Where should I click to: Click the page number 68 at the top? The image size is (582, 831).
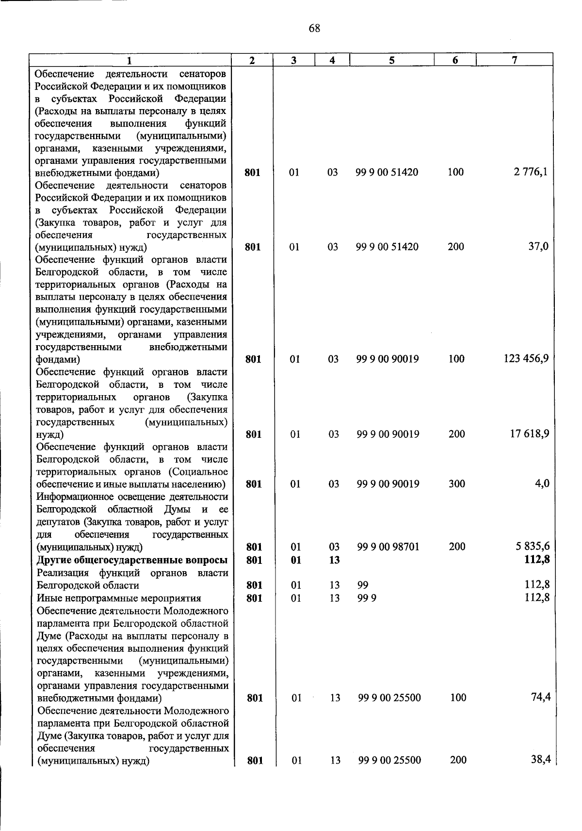click(x=314, y=29)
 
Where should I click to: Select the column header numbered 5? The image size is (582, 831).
click(x=391, y=60)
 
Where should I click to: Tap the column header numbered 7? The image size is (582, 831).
click(x=514, y=60)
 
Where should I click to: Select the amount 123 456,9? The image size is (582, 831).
click(x=526, y=359)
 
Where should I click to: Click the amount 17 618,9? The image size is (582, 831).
click(x=529, y=433)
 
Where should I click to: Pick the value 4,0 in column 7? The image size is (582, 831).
click(x=542, y=483)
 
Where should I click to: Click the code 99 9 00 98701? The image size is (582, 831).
click(x=388, y=547)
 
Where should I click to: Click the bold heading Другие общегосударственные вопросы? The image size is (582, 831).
click(x=132, y=560)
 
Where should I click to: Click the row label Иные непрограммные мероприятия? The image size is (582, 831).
click(x=119, y=598)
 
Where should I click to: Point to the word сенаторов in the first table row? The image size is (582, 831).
click(x=202, y=74)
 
